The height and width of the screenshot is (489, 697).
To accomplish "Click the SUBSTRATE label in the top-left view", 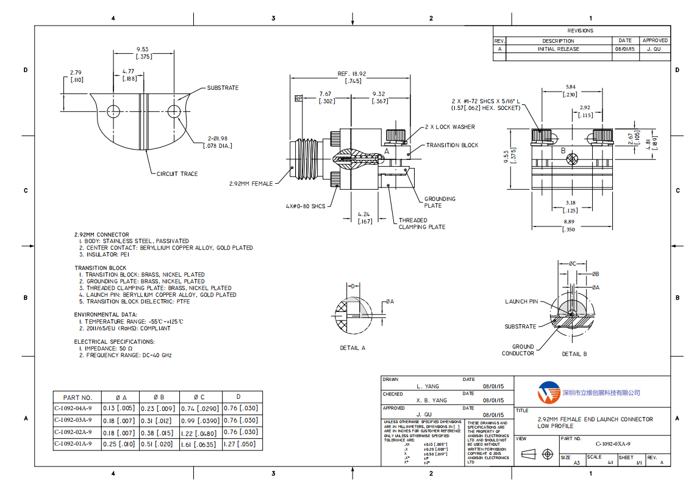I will (223, 88).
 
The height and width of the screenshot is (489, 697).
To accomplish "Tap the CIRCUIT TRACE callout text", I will (177, 174).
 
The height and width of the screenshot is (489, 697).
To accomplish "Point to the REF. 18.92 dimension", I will (352, 74).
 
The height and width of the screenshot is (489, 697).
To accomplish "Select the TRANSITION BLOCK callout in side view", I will (452, 145).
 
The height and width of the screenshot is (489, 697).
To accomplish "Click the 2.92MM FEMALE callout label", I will (251, 183).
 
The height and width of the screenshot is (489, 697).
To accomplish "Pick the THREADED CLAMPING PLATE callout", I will (421, 223).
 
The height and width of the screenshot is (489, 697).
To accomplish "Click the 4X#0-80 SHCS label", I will (307, 206).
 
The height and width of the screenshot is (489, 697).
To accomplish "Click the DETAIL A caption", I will (352, 348).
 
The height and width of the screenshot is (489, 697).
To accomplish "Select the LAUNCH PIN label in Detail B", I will (521, 302).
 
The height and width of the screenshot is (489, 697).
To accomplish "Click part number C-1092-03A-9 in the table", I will (73, 420).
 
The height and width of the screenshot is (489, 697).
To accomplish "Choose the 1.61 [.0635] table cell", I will (199, 444).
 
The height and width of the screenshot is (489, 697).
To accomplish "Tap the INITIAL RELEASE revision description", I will (558, 49).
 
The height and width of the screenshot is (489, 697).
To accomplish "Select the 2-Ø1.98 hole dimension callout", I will (218, 142).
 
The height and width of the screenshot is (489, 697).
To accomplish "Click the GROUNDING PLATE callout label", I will (440, 202).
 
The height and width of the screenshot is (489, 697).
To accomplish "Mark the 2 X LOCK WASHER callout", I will (449, 127).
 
